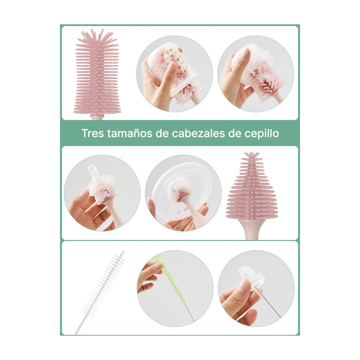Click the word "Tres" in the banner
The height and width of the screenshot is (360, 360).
coord(93,133)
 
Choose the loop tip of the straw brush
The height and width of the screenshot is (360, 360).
coord(123,252)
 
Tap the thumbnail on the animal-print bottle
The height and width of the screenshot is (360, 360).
coord(172,67)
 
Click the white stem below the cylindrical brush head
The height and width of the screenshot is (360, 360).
coord(97,117)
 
